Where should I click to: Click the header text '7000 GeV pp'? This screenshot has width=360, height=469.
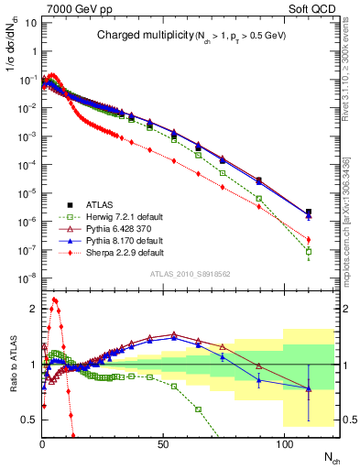[74, 8]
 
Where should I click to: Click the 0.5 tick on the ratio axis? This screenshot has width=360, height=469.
[28, 420]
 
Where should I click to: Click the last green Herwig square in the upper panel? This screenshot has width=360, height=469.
[309, 251]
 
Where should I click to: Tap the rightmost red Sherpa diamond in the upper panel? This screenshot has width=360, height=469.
[309, 240]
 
